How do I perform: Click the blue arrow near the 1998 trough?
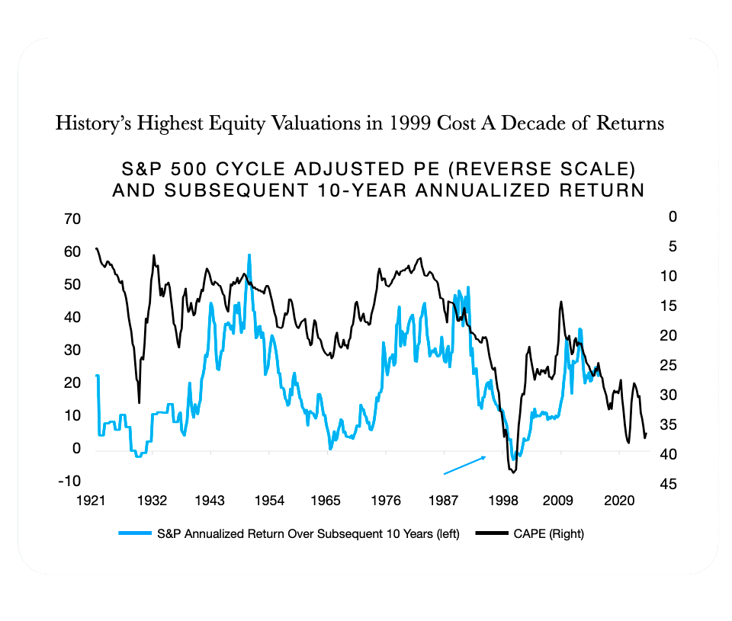(x=464, y=465)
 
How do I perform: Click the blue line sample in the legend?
(x=135, y=534)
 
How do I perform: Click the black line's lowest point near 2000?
(x=512, y=473)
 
